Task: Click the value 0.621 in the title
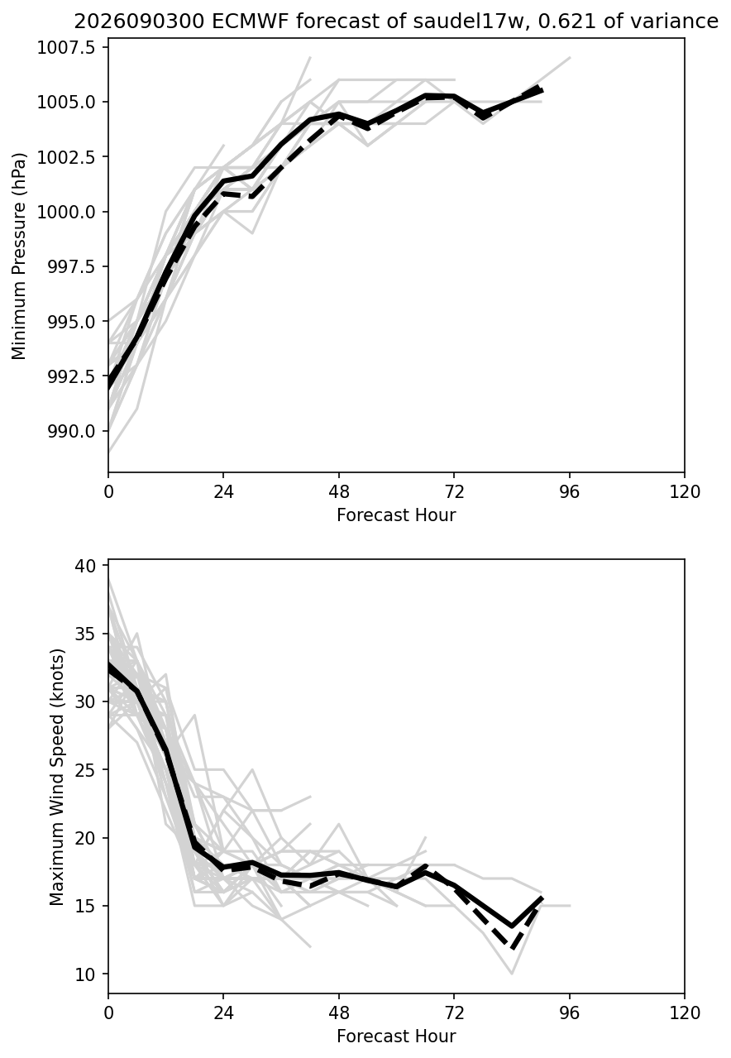click(x=566, y=22)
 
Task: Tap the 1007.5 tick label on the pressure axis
click(x=67, y=48)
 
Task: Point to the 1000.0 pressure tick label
click(x=67, y=212)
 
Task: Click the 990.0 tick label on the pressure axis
click(x=72, y=431)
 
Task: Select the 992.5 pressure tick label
click(x=72, y=376)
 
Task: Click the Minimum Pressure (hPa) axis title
click(x=19, y=256)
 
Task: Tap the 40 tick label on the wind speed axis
click(x=85, y=565)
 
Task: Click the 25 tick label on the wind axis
click(x=85, y=770)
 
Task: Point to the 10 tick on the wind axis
click(x=85, y=974)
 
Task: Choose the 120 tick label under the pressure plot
click(x=685, y=492)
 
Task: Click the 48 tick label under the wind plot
click(x=339, y=1013)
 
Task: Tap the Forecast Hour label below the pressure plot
click(x=396, y=515)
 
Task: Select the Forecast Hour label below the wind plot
click(x=396, y=1036)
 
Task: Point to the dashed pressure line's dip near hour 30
click(x=252, y=196)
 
